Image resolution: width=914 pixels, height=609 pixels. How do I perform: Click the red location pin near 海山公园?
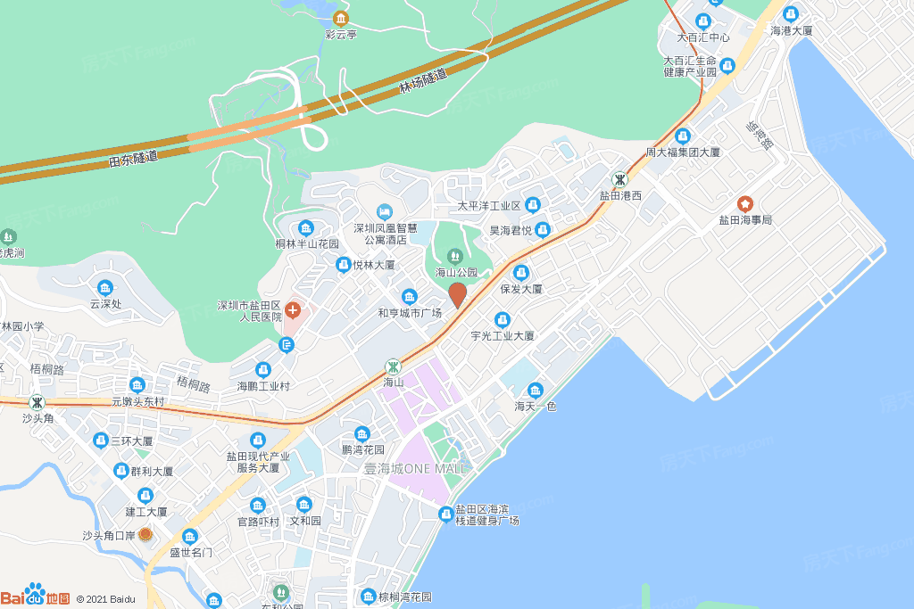coord(457,293)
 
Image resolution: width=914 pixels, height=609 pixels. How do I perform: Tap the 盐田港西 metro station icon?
coord(619,179)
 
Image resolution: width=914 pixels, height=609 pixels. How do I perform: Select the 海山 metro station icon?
coord(393,366)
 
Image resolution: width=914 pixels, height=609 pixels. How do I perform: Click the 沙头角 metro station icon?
coord(37,402)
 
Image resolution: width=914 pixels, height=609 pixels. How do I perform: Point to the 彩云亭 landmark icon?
coord(340,19)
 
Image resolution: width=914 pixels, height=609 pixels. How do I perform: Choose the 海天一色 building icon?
coord(535,391)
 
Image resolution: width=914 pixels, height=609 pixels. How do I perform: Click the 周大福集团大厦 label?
coord(683,152)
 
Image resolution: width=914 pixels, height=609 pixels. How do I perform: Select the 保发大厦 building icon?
coord(521,273)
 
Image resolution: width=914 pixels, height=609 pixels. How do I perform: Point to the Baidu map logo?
coord(36,596)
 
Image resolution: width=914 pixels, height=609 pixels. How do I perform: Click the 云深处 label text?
coord(105,303)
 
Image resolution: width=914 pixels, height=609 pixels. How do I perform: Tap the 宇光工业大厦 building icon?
coord(503,320)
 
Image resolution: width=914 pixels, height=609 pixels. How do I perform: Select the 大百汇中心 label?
coord(703,37)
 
